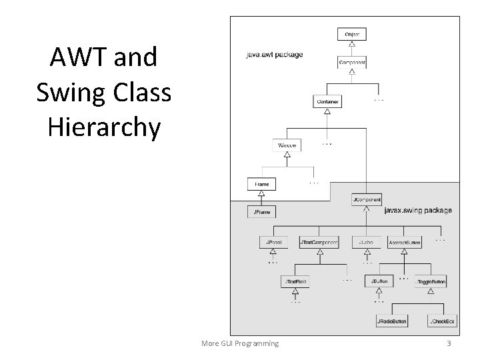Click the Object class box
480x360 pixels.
(x=351, y=34)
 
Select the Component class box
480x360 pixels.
(x=351, y=62)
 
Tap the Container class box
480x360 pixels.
(x=327, y=102)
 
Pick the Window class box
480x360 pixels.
(x=287, y=145)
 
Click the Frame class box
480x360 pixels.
(x=261, y=184)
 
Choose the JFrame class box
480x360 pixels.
(x=261, y=212)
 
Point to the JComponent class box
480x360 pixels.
(x=366, y=199)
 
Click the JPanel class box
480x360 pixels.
(x=273, y=243)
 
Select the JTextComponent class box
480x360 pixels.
(x=319, y=243)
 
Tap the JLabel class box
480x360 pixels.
(x=366, y=243)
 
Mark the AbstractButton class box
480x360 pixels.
(x=405, y=243)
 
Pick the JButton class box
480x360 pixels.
(x=379, y=282)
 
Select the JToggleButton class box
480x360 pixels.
(x=430, y=282)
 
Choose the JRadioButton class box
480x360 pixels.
(x=393, y=321)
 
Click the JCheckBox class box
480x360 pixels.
(x=441, y=321)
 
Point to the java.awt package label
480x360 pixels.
(x=274, y=54)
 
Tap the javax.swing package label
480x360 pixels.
(x=418, y=211)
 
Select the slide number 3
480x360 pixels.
(x=449, y=343)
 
